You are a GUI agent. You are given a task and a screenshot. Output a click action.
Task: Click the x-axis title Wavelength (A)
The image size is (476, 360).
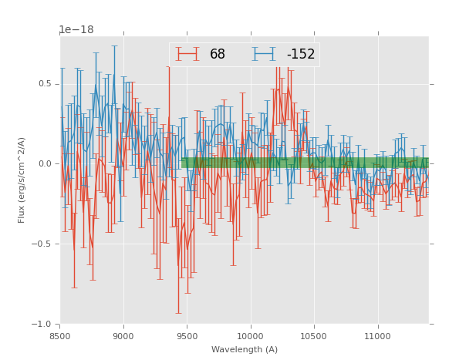coord(245,349)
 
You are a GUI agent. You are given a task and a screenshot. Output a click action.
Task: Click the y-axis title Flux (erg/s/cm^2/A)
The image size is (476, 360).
coord(22,180)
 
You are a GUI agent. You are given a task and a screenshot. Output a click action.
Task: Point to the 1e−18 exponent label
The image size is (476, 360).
coord(76,30)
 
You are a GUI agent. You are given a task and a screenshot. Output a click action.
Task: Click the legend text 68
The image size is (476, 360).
coord(218,55)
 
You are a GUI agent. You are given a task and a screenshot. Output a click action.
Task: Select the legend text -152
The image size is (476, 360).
coord(300,55)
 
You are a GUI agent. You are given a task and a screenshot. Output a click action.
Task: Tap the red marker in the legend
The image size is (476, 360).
coord(187,54)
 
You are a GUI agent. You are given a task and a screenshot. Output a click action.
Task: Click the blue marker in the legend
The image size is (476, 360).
coord(264,54)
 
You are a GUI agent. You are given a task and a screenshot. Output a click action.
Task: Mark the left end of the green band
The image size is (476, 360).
coord(182,163)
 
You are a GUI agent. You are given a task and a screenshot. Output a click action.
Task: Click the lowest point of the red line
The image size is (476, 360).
coord(178,267)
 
